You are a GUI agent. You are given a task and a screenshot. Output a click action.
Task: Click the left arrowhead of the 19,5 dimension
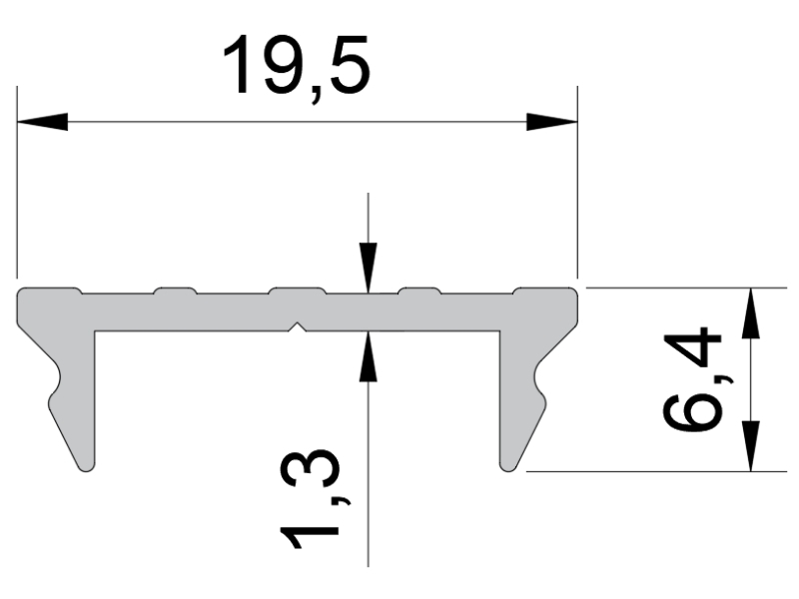coord(42,122)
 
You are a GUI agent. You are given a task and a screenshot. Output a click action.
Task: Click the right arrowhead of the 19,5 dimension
coord(552,122)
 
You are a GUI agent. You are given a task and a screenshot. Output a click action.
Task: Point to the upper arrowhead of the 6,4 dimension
coord(751,312)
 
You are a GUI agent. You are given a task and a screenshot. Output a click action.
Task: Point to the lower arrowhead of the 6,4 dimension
coord(751,446)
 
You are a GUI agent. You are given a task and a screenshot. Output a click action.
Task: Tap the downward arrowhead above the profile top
coord(368,269)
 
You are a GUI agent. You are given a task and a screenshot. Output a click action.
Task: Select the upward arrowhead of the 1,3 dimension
coord(368,356)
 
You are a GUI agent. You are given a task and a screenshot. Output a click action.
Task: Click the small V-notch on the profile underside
coord(298,327)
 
